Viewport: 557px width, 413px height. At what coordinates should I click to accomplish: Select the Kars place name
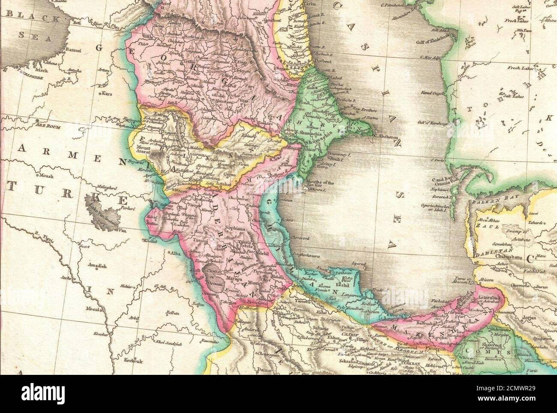106,93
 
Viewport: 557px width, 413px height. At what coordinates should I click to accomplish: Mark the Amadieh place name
96,266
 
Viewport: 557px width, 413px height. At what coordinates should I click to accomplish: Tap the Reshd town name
344,285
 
